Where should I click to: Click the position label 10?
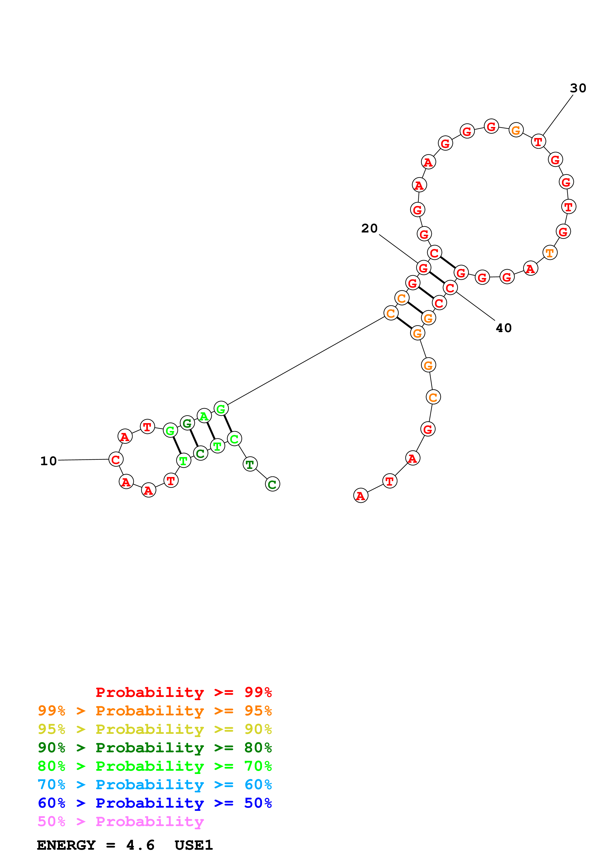(48, 461)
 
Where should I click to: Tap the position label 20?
(369, 228)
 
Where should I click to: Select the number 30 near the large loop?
(578, 88)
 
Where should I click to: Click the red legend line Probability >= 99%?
(183, 692)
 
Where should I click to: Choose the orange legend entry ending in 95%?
(155, 710)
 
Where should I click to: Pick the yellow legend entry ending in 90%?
(155, 729)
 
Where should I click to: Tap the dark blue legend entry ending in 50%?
(155, 803)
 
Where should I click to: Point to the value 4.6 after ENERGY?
(140, 845)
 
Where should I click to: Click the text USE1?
(194, 845)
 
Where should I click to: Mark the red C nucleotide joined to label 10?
(116, 459)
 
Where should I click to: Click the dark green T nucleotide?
(250, 464)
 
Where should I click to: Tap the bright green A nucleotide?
(204, 416)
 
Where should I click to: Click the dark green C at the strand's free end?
(272, 484)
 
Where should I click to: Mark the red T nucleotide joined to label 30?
(538, 142)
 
